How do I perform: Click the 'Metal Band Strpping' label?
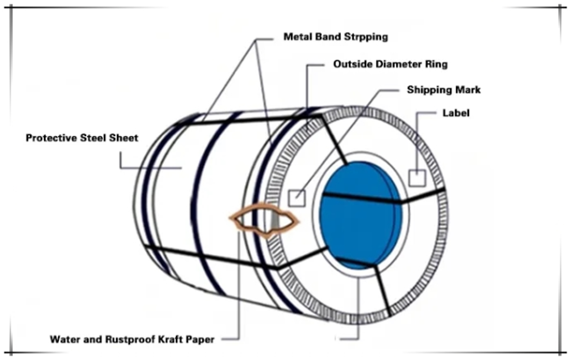(x=336, y=37)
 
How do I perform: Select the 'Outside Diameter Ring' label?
(x=390, y=64)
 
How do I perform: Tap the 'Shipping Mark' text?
(x=444, y=90)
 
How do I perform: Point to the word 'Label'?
(x=456, y=113)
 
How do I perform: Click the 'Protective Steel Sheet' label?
(x=82, y=138)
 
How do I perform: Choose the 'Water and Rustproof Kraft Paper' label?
(x=132, y=340)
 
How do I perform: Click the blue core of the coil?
(x=360, y=215)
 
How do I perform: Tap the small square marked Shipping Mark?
(x=297, y=198)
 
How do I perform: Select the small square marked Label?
(x=417, y=178)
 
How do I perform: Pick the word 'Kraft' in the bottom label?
(x=170, y=340)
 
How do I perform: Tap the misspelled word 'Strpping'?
(x=366, y=38)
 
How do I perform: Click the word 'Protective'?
(x=51, y=138)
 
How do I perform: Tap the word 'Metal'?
(x=297, y=37)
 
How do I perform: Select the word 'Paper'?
(x=200, y=340)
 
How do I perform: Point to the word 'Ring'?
(x=437, y=64)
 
